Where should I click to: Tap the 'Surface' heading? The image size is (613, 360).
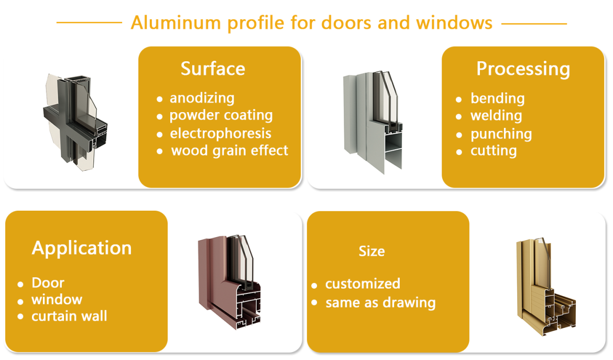point(213,69)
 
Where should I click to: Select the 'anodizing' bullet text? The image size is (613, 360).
point(202,98)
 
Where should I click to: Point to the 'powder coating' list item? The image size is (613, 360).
point(221,115)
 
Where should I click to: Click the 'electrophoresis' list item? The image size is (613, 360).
point(221,133)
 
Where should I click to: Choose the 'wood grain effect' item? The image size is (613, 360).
point(229,150)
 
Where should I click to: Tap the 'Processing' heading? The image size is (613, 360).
point(523,69)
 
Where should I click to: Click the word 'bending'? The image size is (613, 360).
point(497,99)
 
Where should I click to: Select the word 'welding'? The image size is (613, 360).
point(496,116)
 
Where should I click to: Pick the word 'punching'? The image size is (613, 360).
point(501,134)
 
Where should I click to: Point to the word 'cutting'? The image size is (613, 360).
point(494,151)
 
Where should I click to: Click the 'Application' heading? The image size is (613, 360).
point(82,248)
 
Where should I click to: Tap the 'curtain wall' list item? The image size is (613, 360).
point(69,316)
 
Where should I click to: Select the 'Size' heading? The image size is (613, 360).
point(372,251)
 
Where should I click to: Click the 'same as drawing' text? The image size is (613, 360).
point(380,303)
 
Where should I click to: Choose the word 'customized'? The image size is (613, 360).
point(363,283)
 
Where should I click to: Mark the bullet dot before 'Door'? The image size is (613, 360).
point(20,284)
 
